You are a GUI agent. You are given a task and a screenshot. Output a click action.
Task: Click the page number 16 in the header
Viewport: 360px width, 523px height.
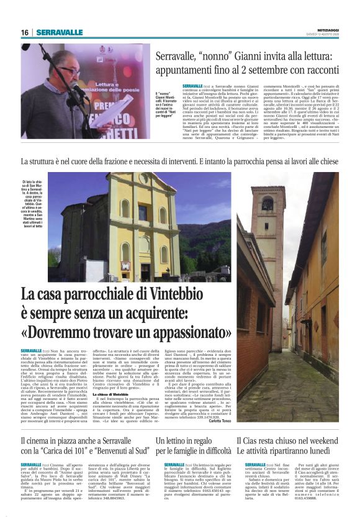tap(25, 32)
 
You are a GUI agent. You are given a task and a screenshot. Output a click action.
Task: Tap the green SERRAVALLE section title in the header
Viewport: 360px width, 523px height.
tap(59, 32)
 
